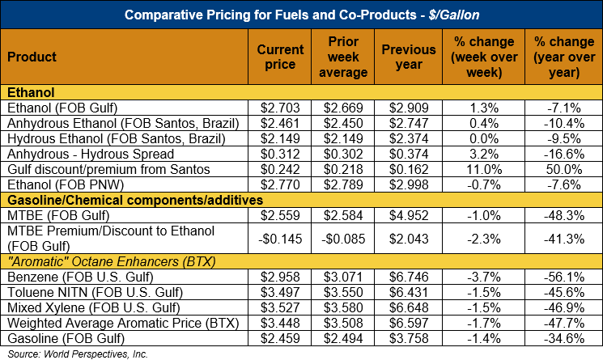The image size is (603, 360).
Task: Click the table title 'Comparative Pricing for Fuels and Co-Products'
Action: point(301,14)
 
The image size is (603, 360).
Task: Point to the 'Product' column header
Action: point(31,57)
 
